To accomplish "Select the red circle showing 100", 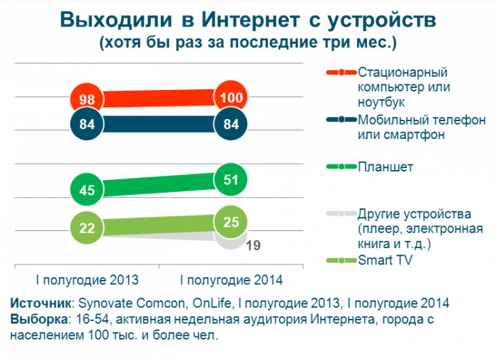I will pyautogui.click(x=232, y=97).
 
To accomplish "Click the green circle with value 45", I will pyautogui.click(x=88, y=190).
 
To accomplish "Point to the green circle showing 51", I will pyautogui.click(x=232, y=180).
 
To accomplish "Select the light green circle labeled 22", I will pyautogui.click(x=88, y=227).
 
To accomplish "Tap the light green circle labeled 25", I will pyautogui.click(x=232, y=222).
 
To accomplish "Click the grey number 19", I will pyautogui.click(x=253, y=246).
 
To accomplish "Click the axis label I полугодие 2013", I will pyautogui.click(x=87, y=279).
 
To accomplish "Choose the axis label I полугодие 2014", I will pyautogui.click(x=232, y=279).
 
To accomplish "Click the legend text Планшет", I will pyautogui.click(x=385, y=167).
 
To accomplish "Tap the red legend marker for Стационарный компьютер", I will pyautogui.click(x=341, y=72).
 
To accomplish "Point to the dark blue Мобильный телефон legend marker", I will pyautogui.click(x=341, y=119).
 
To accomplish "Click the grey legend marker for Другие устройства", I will pyautogui.click(x=341, y=213).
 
